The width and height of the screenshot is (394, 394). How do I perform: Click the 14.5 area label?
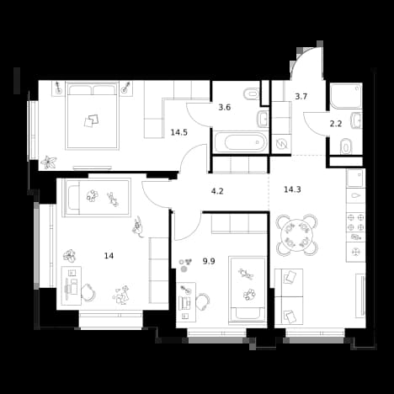pos(179,132)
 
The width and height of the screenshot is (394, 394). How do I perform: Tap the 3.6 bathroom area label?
pos(225,107)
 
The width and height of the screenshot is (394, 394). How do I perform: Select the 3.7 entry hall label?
pos(301,97)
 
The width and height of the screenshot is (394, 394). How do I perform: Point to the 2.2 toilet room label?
pos(336,124)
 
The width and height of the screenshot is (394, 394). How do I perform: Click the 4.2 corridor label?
pos(217,191)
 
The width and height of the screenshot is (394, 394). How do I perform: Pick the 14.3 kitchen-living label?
pos(292,189)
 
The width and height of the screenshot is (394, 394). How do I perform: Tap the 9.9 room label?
pos(209,262)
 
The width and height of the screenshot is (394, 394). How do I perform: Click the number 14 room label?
pos(109,256)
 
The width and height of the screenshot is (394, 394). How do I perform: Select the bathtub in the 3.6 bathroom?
pos(240,142)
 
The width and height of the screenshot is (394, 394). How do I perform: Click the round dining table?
pos(297,235)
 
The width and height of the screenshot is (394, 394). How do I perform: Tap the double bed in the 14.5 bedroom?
pos(92,115)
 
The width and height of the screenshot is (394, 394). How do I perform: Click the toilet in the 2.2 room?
pos(346,146)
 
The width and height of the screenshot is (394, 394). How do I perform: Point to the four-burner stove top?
pos(355,222)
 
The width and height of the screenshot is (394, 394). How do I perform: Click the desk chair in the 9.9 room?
pos(203,301)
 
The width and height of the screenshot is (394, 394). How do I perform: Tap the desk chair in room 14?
pos(88,292)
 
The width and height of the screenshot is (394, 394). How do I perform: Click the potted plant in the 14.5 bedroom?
pos(49,162)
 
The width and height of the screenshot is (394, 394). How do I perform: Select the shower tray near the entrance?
pos(346,95)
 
